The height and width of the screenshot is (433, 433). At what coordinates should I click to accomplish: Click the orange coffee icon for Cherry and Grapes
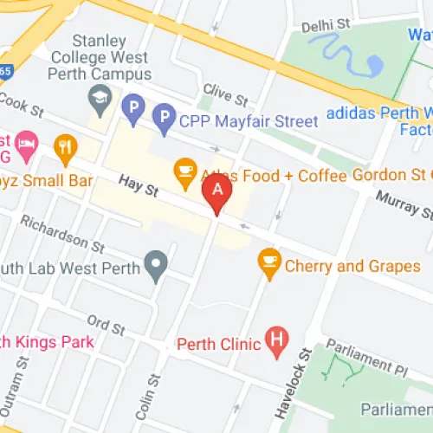click(270, 262)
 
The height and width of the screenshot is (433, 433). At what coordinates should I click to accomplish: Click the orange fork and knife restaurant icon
click(65, 149)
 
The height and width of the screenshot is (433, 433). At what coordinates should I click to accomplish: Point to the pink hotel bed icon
click(26, 140)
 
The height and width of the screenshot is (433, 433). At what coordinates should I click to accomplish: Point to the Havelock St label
click(304, 376)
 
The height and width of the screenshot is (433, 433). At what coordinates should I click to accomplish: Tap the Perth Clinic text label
click(218, 344)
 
